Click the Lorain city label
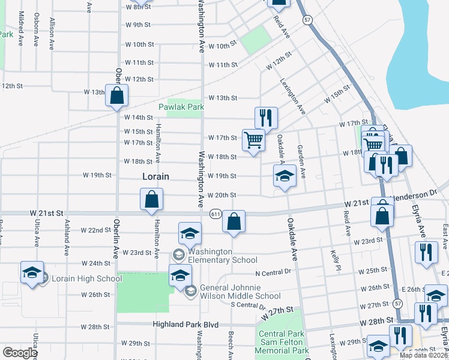point(155,177)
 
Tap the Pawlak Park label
point(181,107)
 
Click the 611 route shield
point(215,214)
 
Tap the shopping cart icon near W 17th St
point(254,140)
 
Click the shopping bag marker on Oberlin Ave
point(116,95)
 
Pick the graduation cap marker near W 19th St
point(285,176)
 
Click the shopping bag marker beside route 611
point(234,221)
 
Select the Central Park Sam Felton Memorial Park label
point(283,342)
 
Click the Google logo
point(20,353)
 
